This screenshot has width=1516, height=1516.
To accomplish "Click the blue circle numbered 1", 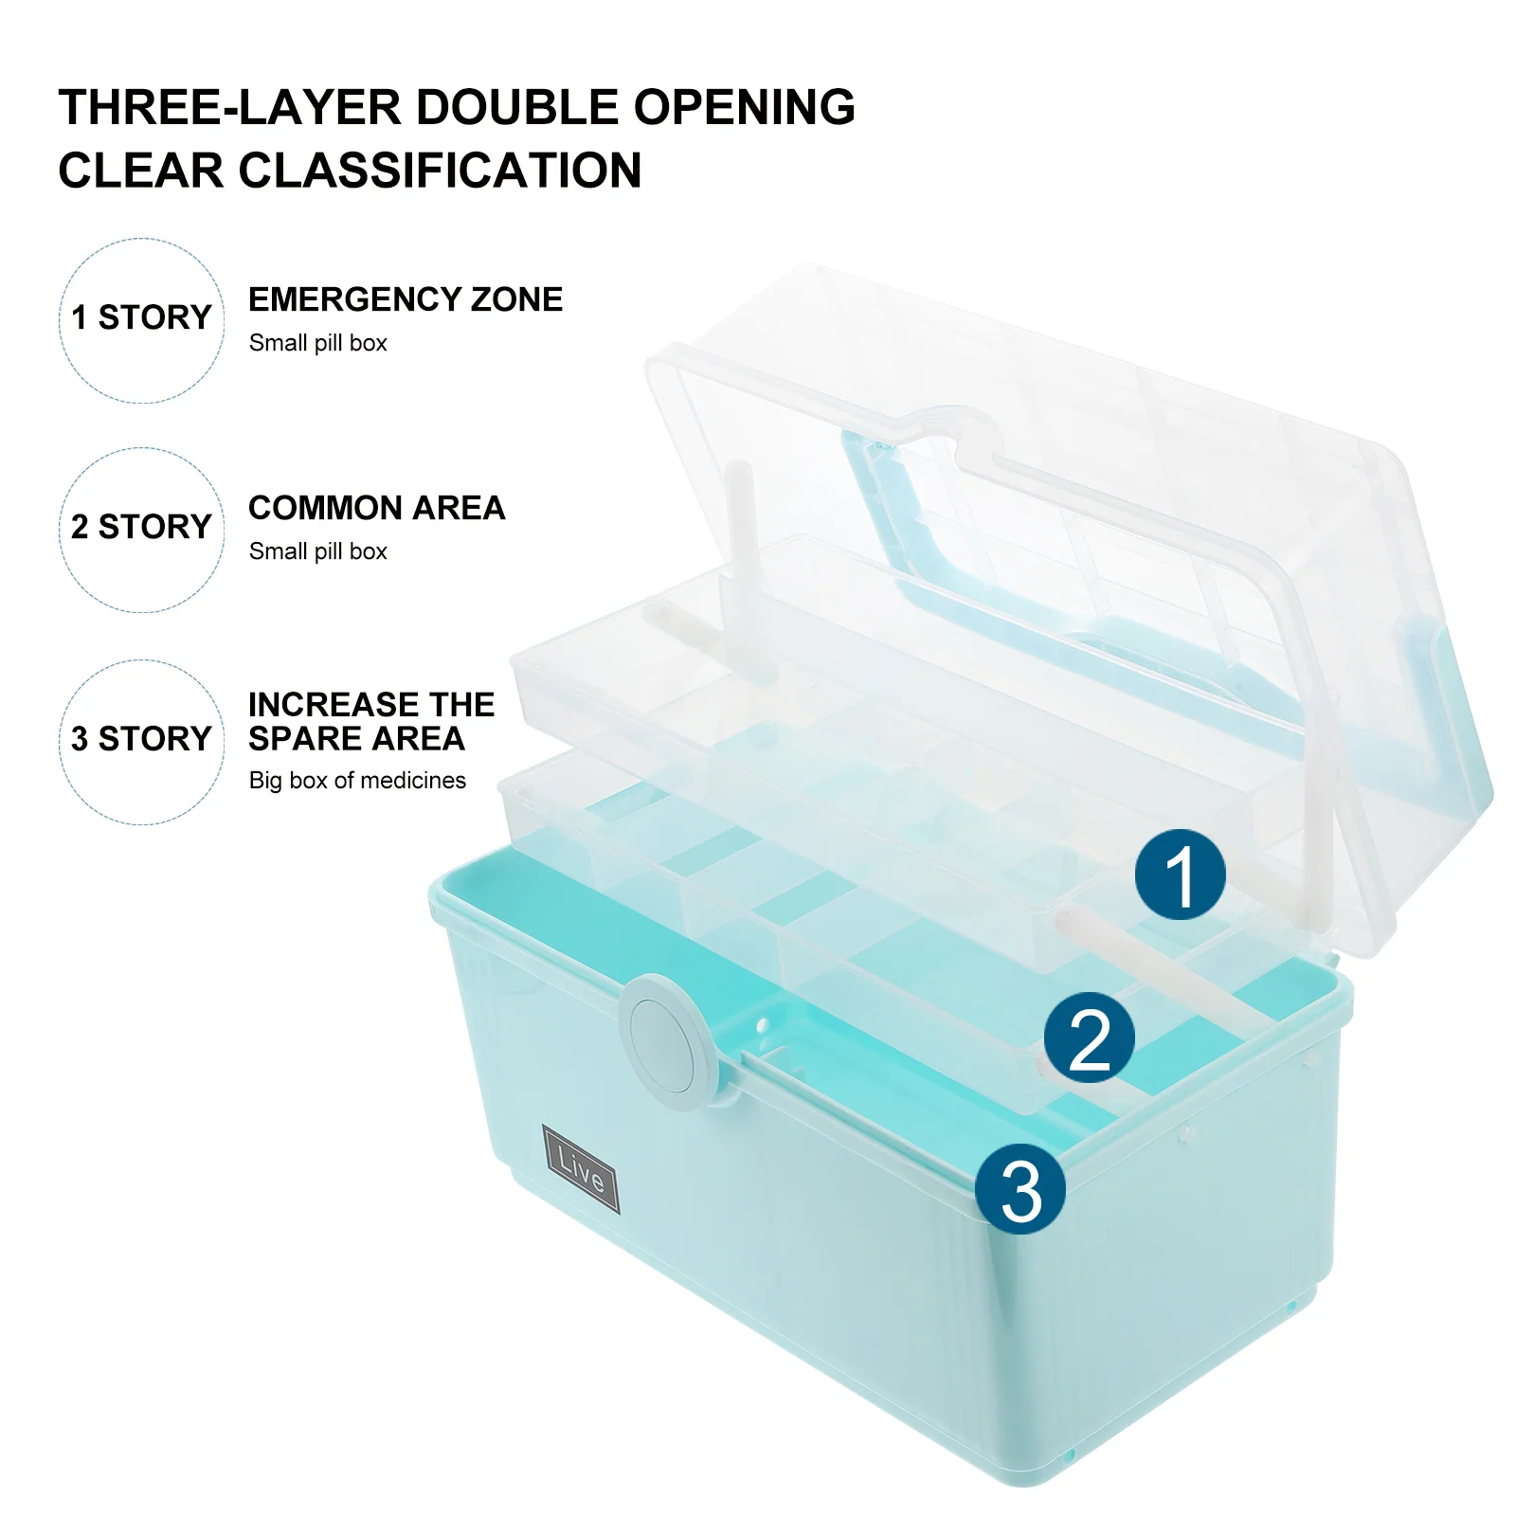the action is (x=1180, y=875).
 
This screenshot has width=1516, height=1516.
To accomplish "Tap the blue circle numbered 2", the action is (x=1090, y=1038).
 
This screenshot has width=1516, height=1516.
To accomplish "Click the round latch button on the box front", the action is (x=668, y=1041).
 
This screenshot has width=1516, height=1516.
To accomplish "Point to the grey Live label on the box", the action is (x=581, y=1168).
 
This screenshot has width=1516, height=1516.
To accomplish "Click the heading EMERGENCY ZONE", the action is (x=406, y=299).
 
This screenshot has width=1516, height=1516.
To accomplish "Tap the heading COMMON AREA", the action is (x=377, y=508).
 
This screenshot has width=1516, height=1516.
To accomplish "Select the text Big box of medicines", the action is (x=357, y=780).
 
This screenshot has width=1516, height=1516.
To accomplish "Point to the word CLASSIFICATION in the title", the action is (x=440, y=171).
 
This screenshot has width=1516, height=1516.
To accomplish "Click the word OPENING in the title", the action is (x=745, y=107).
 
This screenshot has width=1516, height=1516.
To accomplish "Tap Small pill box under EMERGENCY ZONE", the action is (x=318, y=343).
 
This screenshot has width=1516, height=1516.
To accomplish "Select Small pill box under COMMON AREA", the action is (x=318, y=551).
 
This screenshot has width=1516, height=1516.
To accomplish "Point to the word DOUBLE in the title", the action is (x=518, y=107).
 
